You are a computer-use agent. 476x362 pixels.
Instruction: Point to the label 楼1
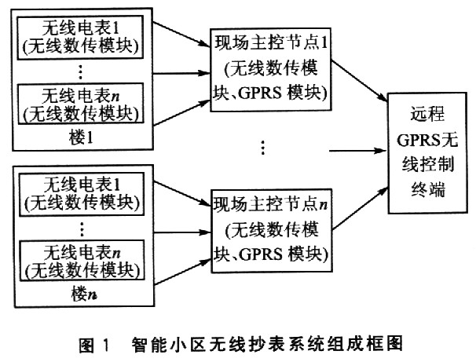(79, 137)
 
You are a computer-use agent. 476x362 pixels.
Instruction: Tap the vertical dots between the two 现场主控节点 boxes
(262, 147)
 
